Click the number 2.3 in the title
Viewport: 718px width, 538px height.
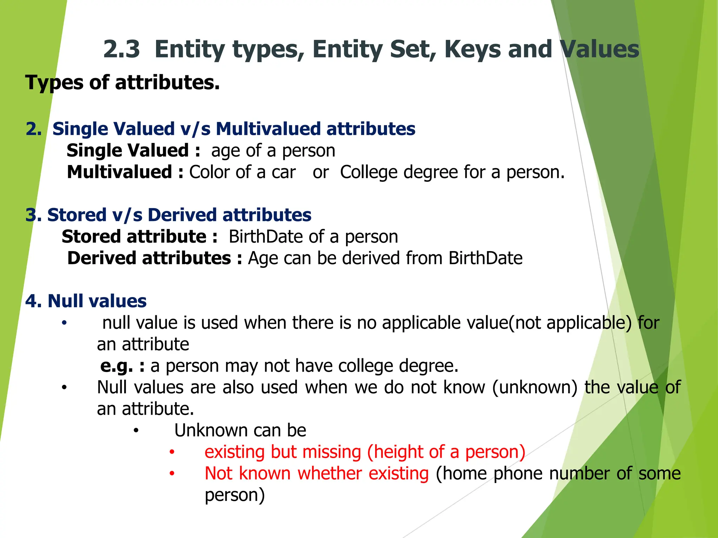(x=121, y=49)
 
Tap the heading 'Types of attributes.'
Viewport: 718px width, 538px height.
(x=122, y=83)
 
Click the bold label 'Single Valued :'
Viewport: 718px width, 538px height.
(x=134, y=151)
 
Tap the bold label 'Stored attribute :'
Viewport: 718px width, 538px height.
(x=140, y=237)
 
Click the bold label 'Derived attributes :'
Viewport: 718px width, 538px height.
(x=155, y=258)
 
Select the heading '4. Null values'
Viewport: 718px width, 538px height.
(x=86, y=301)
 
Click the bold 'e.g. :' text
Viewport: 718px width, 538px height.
(x=122, y=366)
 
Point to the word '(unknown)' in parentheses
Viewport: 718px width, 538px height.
(x=534, y=387)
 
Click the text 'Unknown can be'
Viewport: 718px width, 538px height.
(x=240, y=430)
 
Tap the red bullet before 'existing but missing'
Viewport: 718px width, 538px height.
(x=172, y=452)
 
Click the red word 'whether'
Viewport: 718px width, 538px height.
(x=330, y=474)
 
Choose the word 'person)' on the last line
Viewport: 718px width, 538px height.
(x=235, y=495)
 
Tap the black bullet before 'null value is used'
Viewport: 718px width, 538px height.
(x=64, y=323)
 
